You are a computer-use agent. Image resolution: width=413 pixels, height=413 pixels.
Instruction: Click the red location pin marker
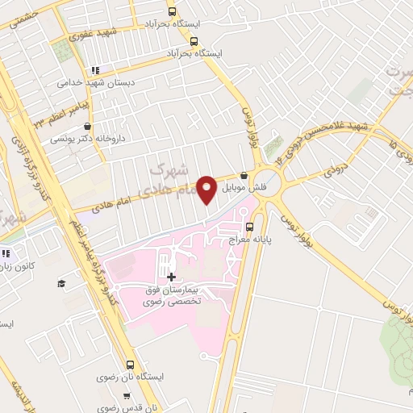click(x=207, y=189)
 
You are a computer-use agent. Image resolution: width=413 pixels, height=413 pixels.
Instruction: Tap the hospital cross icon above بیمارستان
click(x=171, y=277)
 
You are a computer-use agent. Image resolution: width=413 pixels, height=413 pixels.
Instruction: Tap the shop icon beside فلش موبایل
click(x=244, y=177)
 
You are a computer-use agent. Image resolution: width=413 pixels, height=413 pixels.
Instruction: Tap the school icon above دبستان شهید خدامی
click(x=96, y=70)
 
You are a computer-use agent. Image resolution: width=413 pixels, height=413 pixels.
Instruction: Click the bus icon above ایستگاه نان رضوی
click(x=131, y=365)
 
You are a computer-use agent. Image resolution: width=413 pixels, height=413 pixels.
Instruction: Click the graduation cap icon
click(x=60, y=283)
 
